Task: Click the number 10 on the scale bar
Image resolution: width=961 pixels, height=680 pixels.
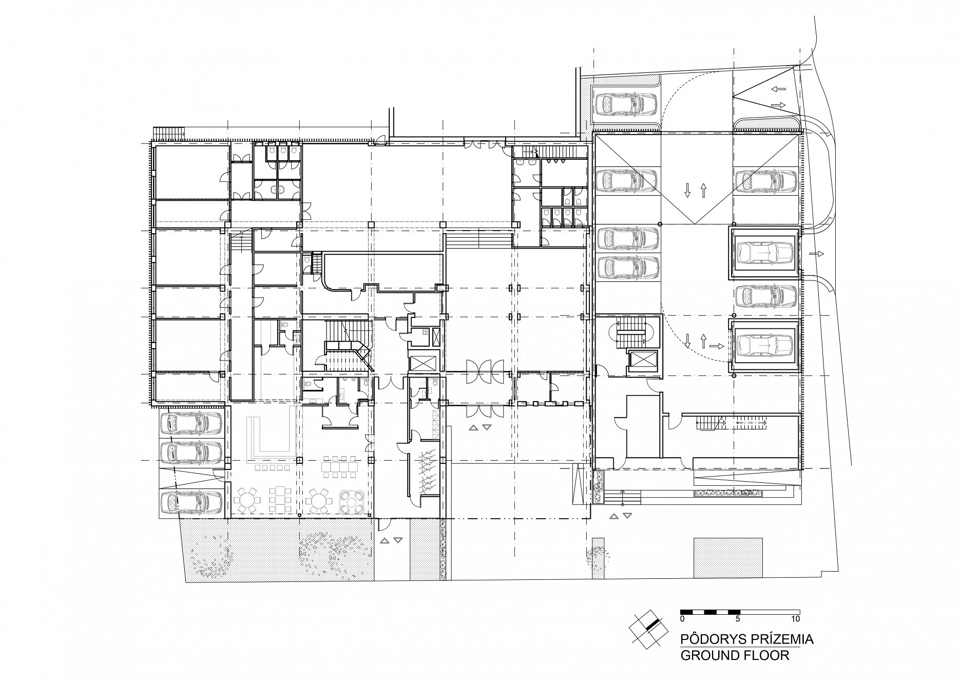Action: pyautogui.click(x=795, y=618)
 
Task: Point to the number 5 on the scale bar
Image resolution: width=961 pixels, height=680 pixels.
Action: pyautogui.click(x=738, y=618)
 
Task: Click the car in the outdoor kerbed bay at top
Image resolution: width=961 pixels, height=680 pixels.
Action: pyautogui.click(x=626, y=106)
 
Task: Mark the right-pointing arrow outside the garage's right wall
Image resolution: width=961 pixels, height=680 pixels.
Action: pyautogui.click(x=815, y=254)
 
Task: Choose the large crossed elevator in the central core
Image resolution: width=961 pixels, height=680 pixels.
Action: pyautogui.click(x=422, y=363)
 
